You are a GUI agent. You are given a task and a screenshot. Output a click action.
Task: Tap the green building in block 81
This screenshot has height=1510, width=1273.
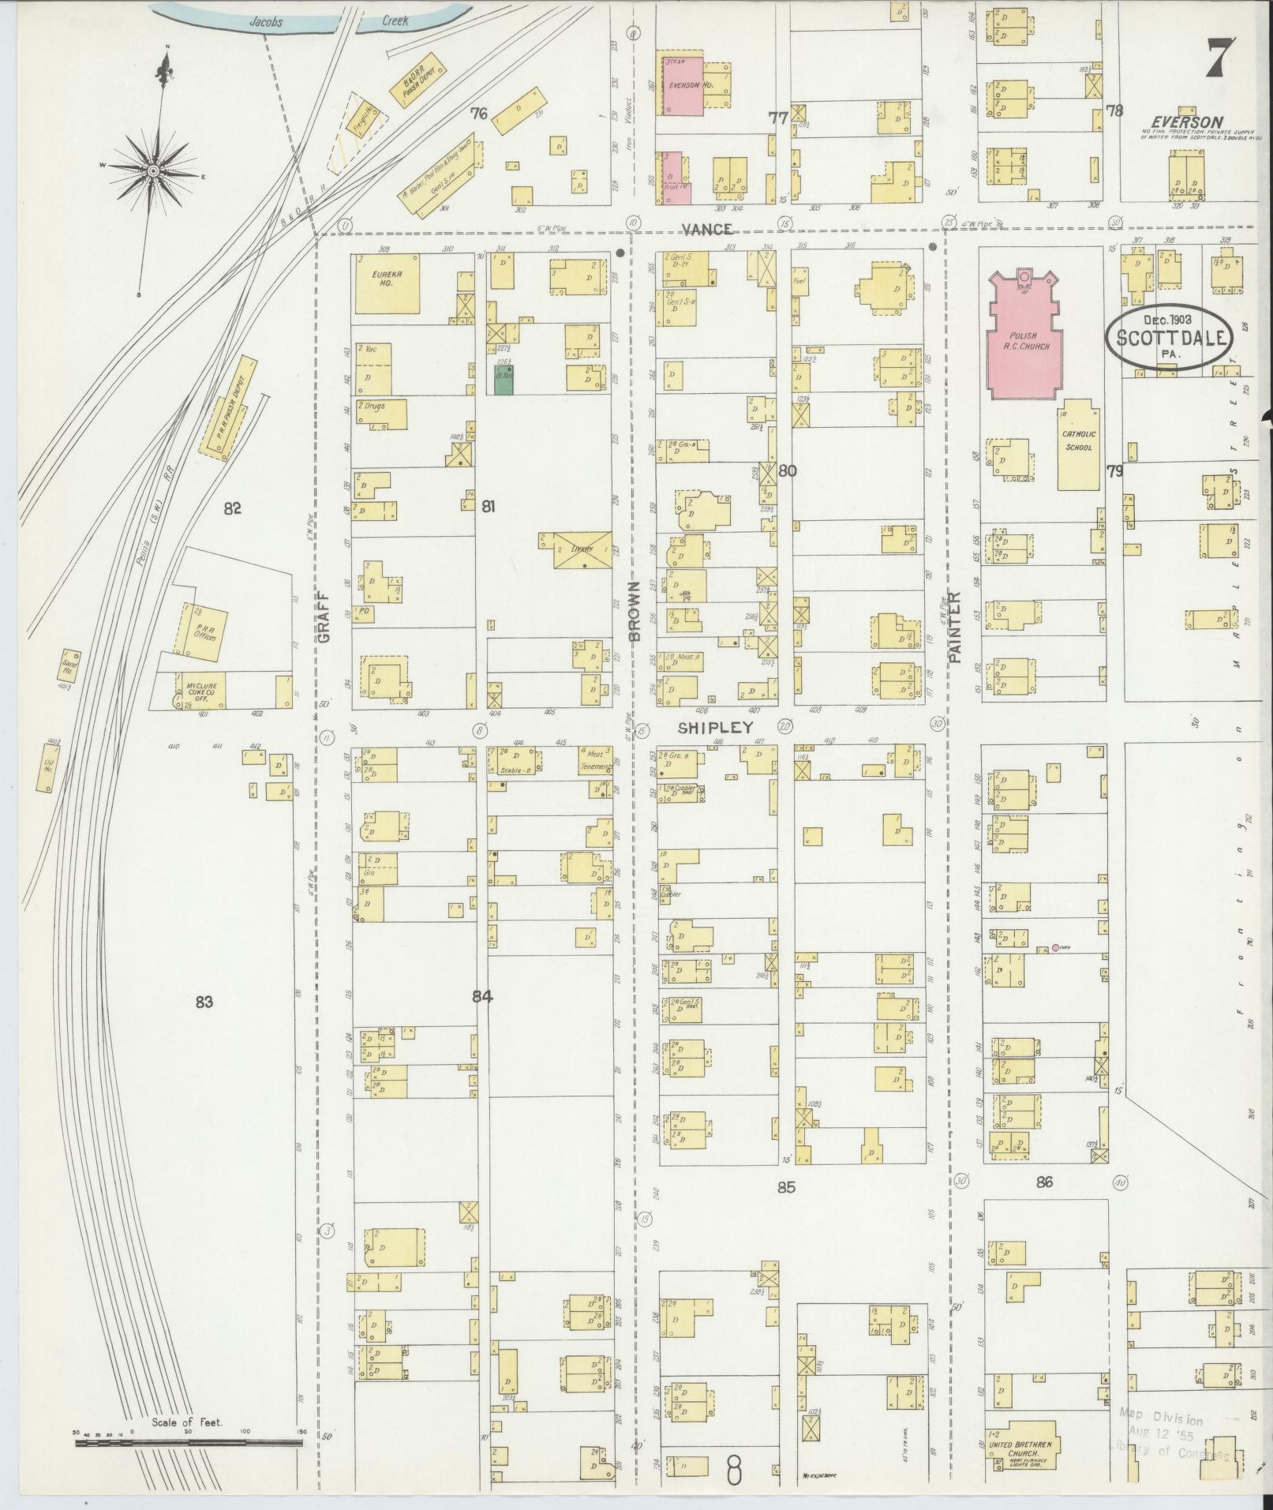[x=504, y=380]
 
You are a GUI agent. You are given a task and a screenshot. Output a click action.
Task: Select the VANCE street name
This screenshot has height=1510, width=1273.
[x=707, y=229]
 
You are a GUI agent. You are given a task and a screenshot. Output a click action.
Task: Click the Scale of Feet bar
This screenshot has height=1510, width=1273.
[x=189, y=1442]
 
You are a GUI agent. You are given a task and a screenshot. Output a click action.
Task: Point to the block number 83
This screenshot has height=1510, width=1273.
[x=205, y=1002]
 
